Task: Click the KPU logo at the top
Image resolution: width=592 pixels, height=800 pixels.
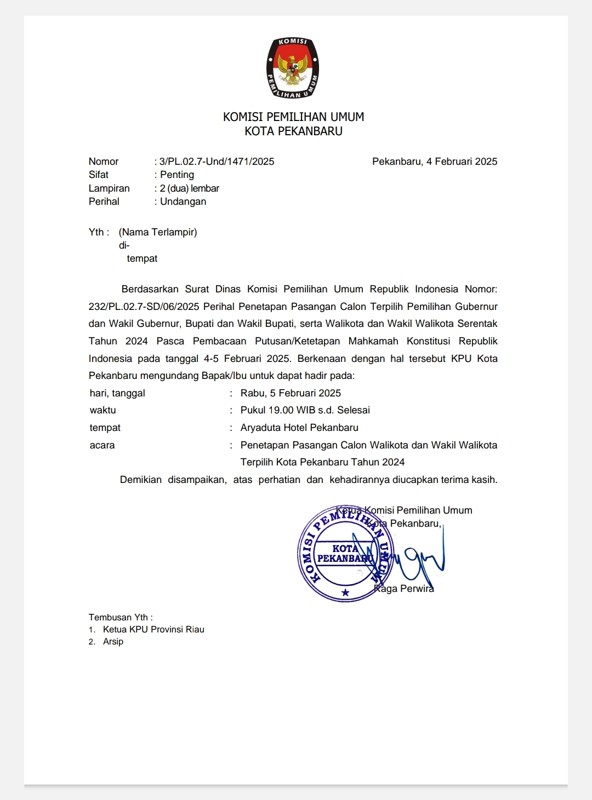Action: tap(293, 68)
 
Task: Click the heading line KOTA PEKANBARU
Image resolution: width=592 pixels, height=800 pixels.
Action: tap(293, 131)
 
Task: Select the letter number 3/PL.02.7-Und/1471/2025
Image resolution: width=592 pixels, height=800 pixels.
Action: tap(217, 162)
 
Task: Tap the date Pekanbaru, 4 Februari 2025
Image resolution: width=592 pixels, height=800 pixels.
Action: tap(435, 162)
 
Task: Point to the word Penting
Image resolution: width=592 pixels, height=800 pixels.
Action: tap(177, 175)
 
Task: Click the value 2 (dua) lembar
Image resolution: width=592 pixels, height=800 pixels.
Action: tap(190, 188)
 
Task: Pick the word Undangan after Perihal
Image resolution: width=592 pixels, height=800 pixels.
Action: tap(183, 202)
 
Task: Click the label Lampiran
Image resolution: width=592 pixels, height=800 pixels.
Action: tap(109, 188)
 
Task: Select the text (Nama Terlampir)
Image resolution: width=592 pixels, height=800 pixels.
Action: tap(158, 232)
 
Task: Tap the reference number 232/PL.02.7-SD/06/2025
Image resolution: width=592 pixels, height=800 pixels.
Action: tap(144, 307)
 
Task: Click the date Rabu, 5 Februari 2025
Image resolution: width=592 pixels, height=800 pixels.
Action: tap(291, 393)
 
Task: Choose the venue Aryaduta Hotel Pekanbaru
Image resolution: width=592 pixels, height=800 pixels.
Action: tap(299, 428)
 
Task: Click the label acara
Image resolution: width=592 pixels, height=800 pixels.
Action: tap(103, 445)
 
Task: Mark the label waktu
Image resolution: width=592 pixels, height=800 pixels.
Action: tap(103, 410)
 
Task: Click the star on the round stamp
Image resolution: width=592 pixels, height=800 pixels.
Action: tap(345, 592)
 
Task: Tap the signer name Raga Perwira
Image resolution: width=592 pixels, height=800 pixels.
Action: tap(404, 589)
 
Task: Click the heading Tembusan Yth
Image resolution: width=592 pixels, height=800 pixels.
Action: tap(121, 617)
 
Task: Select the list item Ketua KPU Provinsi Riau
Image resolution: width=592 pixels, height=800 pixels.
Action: tap(153, 630)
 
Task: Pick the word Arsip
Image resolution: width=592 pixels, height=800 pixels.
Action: tap(113, 642)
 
